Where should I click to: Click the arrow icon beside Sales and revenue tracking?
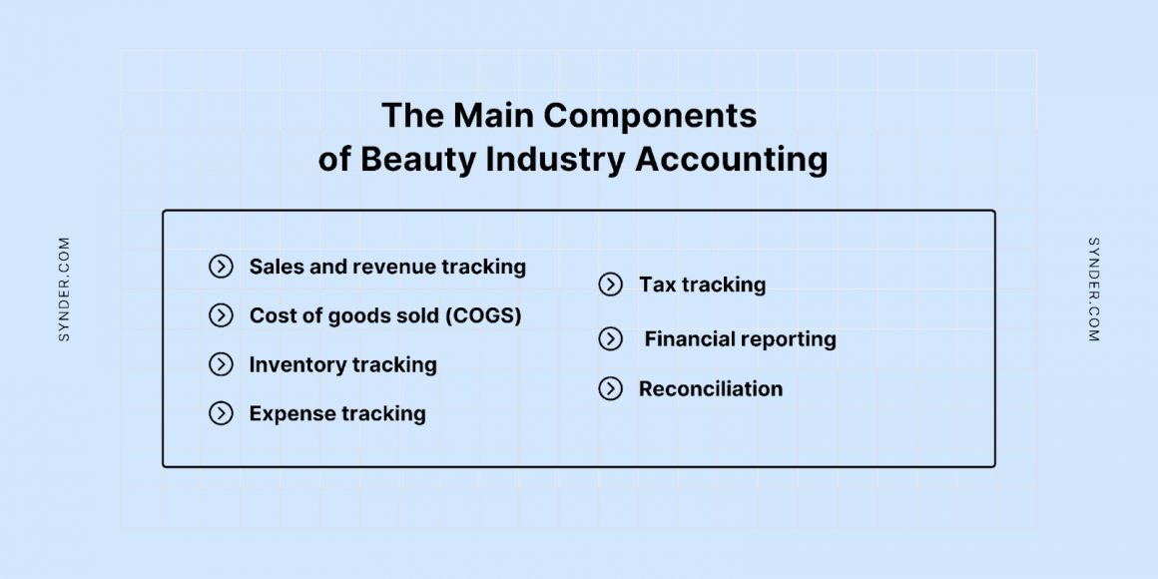(x=221, y=267)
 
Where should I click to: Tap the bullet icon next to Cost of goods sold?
(x=221, y=315)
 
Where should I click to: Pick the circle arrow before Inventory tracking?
(x=221, y=364)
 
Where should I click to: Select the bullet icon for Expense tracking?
(x=221, y=413)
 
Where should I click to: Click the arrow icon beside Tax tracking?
(x=610, y=285)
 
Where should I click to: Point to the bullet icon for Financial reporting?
(x=610, y=339)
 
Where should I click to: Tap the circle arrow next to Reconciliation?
(x=610, y=388)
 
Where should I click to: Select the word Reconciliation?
(x=711, y=388)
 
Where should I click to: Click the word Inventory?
(x=293, y=364)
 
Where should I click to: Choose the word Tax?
(x=657, y=285)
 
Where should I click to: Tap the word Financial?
(x=690, y=339)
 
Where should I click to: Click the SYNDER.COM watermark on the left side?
(x=65, y=289)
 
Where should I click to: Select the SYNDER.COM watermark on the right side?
(x=1093, y=289)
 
